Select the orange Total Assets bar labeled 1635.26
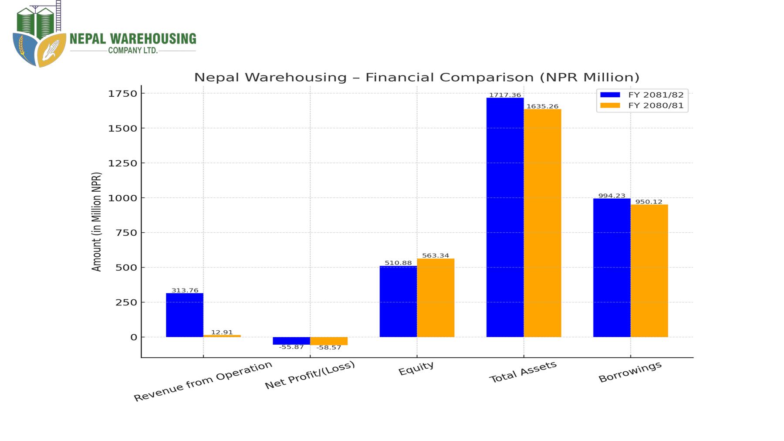pos(542,223)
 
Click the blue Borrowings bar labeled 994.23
pos(612,268)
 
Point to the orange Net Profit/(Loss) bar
pos(329,341)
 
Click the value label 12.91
pos(222,332)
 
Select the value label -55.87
pos(291,347)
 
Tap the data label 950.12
pos(649,202)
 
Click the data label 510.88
pos(398,263)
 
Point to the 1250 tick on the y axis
pos(122,163)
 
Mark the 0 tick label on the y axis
pos(133,337)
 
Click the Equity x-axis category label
pos(416,368)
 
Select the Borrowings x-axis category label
pos(630,372)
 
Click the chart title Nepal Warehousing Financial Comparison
pos(416,77)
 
